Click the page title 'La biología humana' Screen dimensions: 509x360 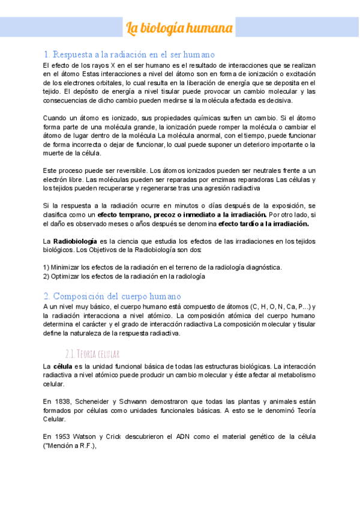coord(179,28)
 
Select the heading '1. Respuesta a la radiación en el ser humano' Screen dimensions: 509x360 coord(129,54)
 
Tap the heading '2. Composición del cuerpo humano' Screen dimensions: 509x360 coord(121,296)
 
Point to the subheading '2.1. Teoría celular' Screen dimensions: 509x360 coord(93,352)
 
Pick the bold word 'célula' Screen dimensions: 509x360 coord(63,366)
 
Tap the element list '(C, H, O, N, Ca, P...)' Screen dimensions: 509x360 coord(280,307)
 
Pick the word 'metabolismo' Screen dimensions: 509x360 coord(295,375)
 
